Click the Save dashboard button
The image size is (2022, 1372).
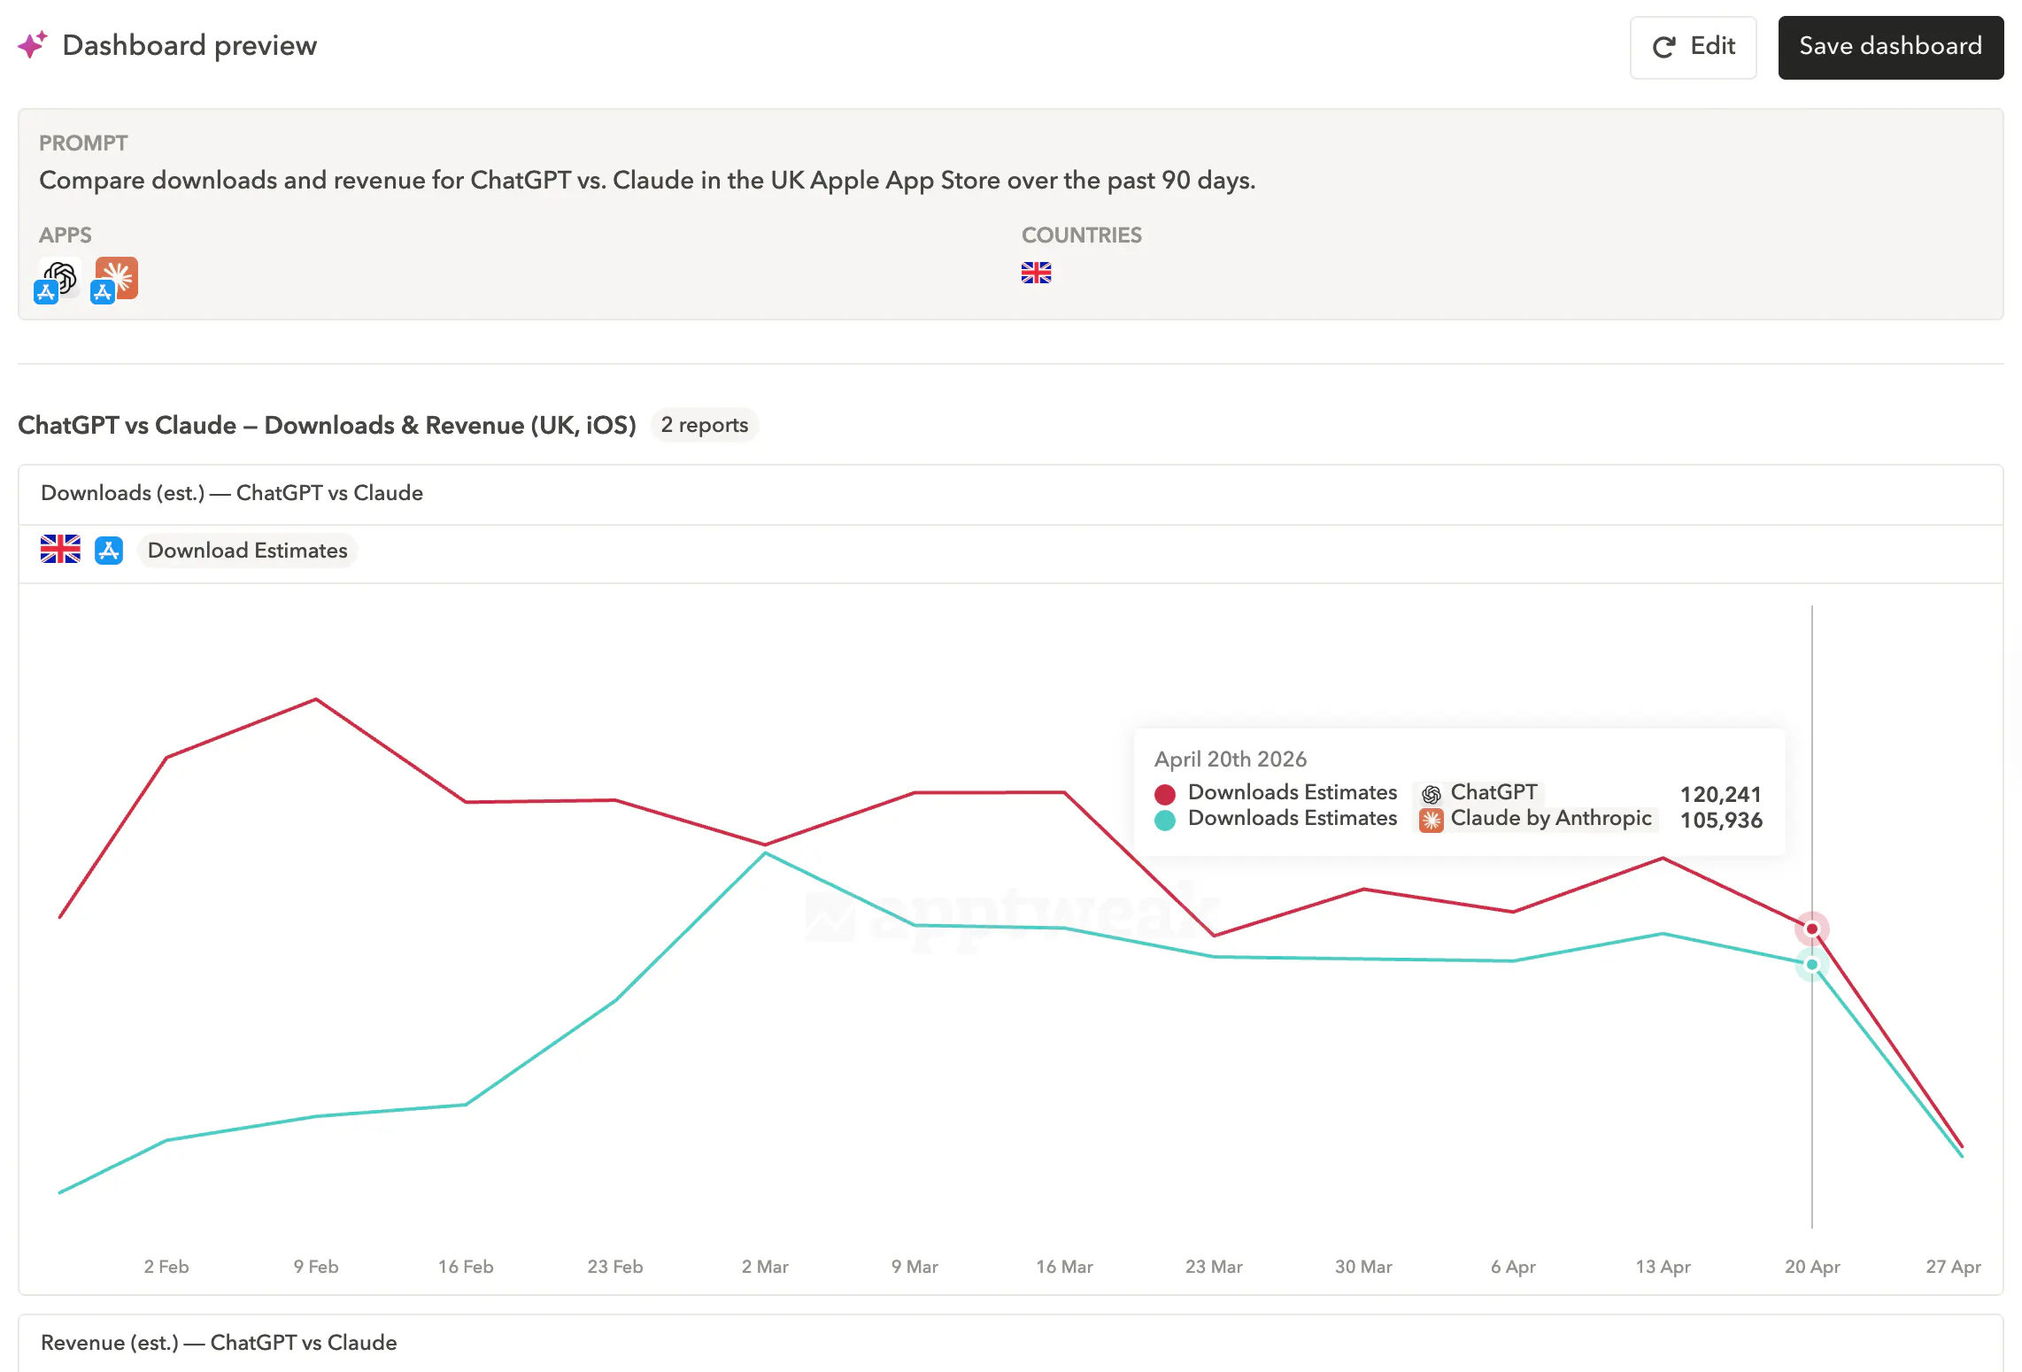(1890, 47)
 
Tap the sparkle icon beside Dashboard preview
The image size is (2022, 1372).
(33, 44)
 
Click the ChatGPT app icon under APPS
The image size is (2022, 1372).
(59, 279)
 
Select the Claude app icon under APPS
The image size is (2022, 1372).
(116, 279)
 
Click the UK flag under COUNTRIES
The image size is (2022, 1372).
(1036, 273)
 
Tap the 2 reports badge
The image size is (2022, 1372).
(704, 425)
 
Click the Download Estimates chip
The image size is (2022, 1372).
(247, 551)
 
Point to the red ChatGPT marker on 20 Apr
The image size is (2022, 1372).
(1811, 929)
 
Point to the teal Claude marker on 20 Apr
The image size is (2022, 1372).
(1811, 964)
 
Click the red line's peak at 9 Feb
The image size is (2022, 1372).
(316, 700)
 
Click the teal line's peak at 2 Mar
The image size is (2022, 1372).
(765, 853)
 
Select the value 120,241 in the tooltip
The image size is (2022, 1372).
(1720, 794)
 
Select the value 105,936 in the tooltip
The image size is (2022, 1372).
(1720, 821)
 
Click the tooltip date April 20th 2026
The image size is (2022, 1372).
(1230, 759)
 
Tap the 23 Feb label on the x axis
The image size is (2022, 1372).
(614, 1267)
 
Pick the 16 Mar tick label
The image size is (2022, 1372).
(1064, 1267)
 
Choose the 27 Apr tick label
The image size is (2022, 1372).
(1952, 1267)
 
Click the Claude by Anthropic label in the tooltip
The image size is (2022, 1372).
(1550, 818)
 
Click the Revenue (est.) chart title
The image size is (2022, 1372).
(219, 1343)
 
